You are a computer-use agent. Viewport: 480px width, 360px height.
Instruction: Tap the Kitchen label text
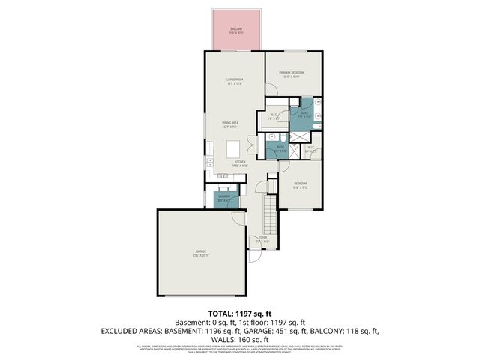tap(240, 163)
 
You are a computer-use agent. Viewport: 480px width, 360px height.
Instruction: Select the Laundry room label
tap(224, 198)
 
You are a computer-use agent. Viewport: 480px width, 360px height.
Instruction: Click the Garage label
tap(201, 253)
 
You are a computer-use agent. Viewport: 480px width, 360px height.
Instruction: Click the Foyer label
tap(262, 240)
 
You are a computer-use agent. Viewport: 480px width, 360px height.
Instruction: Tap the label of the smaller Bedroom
tap(298, 184)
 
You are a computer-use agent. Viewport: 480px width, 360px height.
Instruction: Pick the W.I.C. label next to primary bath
tap(274, 116)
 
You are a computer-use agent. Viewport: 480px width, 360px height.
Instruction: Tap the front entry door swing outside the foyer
tap(255, 255)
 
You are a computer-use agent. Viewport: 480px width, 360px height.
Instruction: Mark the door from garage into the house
tap(238, 217)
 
